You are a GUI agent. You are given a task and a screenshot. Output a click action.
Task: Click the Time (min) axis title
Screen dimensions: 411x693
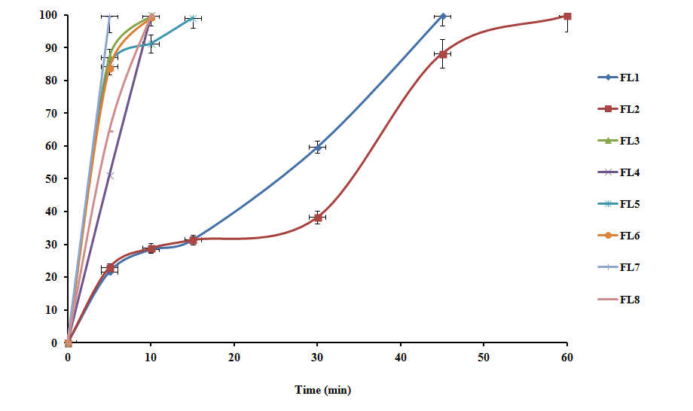click(322, 390)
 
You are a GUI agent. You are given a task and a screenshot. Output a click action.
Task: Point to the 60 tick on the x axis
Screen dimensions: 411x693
click(566, 355)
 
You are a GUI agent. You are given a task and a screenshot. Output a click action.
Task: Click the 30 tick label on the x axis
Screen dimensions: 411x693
click(317, 355)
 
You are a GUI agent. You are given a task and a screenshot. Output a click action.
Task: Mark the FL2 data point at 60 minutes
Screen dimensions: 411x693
click(567, 17)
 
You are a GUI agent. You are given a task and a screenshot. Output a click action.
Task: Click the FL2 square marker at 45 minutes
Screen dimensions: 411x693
click(443, 54)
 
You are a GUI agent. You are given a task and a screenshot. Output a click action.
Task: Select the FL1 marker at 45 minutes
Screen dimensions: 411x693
click(443, 16)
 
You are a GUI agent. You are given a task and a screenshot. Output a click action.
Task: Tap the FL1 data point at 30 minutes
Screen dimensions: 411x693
click(318, 147)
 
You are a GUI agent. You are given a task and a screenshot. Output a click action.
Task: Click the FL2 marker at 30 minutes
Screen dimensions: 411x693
click(318, 218)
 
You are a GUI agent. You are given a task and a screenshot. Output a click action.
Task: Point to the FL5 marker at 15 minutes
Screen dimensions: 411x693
click(193, 18)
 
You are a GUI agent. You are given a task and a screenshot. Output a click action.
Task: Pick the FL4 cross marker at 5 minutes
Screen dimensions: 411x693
click(110, 175)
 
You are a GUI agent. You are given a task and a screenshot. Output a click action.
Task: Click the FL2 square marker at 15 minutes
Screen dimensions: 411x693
click(193, 240)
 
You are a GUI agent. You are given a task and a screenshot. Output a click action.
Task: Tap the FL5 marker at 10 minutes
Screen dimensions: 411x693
click(151, 44)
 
